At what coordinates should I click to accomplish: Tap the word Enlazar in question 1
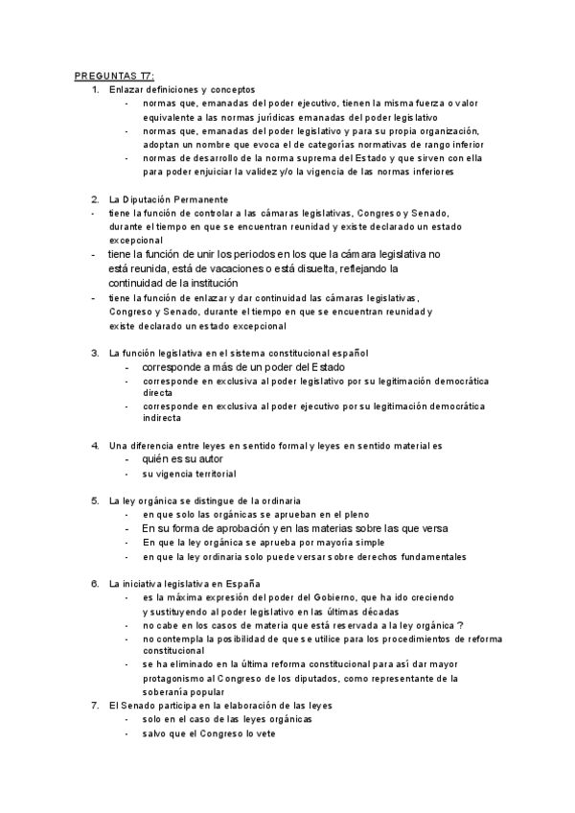(x=126, y=89)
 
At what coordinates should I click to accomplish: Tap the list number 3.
(x=94, y=353)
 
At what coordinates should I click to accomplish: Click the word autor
(x=217, y=459)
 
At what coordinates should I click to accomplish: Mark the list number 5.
(x=94, y=500)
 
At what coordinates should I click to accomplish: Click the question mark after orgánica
(x=461, y=624)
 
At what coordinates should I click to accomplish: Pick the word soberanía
(x=167, y=692)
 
